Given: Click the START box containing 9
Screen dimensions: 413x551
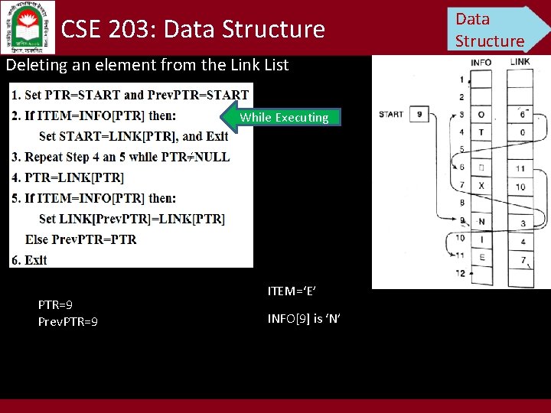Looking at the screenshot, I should pos(419,115).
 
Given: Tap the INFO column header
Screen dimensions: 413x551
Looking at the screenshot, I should pos(481,62).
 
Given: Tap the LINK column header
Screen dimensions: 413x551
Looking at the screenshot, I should pos(520,61).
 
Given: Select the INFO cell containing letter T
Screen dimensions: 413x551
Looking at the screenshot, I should pos(481,132).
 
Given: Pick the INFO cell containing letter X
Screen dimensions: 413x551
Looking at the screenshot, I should pos(481,186).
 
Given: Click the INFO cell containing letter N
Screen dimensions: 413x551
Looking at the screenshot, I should pos(481,222).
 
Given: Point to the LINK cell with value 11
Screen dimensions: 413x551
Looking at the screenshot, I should pos(520,168).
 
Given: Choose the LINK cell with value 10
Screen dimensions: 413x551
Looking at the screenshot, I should pos(520,187).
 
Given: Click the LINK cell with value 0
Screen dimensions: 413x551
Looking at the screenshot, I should pos(520,132).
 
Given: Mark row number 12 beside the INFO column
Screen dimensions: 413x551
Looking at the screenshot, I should pos(460,273).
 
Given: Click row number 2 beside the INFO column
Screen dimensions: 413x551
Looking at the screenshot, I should pos(461,97).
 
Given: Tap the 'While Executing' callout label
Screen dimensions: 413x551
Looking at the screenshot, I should pos(283,117).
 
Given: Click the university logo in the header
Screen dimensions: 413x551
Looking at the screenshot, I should pos(28,28).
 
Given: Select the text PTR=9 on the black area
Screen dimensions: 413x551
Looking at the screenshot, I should pos(55,304).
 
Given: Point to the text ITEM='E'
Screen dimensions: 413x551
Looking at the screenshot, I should pos(292,291).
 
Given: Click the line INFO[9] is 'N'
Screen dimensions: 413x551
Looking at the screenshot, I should pos(304,318).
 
